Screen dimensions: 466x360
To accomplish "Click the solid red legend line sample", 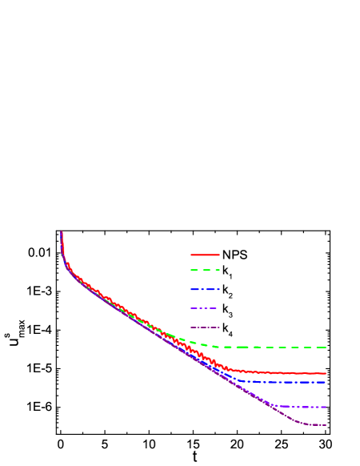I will click(205, 255).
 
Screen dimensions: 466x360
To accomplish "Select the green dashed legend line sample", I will click(205, 271).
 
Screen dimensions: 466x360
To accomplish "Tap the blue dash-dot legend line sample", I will click(205, 289).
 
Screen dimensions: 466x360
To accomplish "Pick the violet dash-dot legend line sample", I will click(205, 308).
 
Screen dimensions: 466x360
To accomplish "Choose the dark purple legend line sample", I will click(205, 327).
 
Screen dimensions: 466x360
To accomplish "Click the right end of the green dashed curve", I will click(326, 347).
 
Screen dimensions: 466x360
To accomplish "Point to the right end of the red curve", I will click(326, 373).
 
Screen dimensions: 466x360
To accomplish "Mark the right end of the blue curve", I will click(326, 382).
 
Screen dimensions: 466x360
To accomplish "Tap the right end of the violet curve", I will click(326, 407).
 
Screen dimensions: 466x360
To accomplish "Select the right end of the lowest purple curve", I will click(326, 425).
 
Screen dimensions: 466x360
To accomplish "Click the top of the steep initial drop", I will click(62, 232).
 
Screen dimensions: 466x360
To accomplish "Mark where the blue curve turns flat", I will click(240, 380).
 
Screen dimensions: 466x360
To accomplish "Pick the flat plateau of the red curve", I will click(288, 373).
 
